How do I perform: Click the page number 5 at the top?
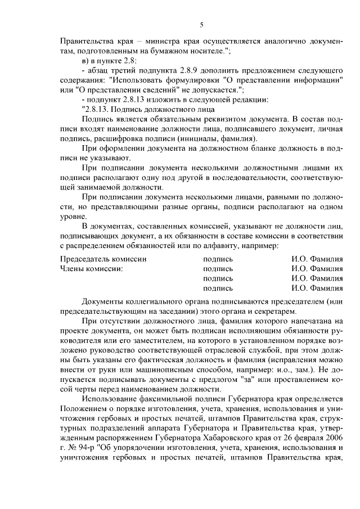[201, 25]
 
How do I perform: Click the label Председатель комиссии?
[103, 260]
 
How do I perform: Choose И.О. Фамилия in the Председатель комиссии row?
[317, 260]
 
